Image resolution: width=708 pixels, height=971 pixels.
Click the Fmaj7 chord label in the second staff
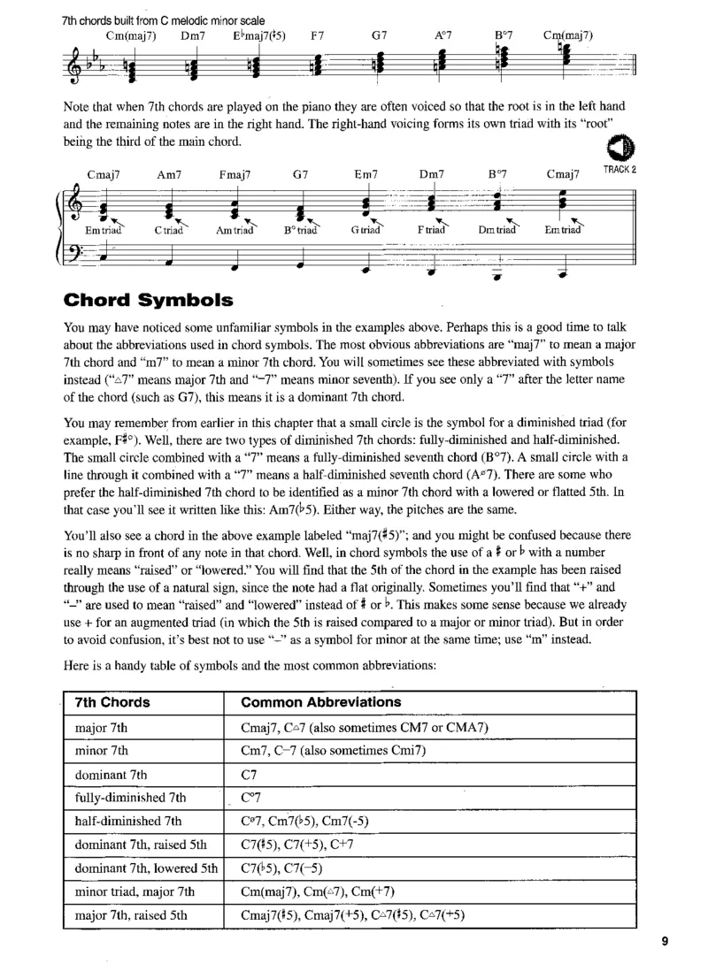point(235,174)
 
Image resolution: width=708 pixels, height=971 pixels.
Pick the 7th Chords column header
point(112,702)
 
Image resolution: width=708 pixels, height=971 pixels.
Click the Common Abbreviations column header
point(320,702)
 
